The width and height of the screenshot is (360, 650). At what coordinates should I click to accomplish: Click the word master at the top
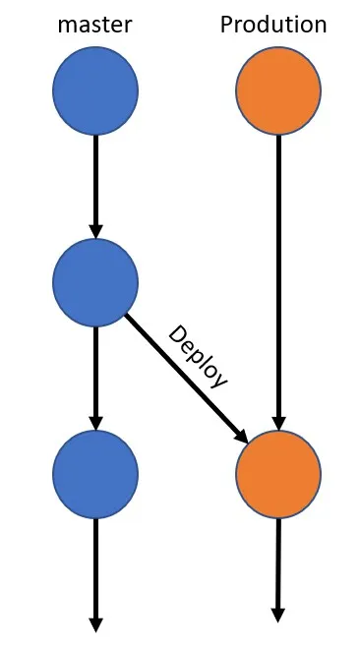tap(95, 25)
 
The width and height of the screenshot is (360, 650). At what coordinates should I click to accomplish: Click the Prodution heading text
tap(273, 25)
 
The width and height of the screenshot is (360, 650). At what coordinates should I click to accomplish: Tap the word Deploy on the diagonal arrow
tap(199, 356)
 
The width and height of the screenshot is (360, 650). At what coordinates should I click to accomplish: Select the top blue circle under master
tap(95, 91)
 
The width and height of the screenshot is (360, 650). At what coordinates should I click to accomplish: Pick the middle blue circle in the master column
tap(95, 283)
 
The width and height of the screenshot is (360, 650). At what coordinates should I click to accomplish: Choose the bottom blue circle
tap(95, 476)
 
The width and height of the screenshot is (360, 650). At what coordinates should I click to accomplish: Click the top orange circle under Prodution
tap(278, 91)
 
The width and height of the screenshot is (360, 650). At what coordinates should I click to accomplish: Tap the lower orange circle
tap(278, 476)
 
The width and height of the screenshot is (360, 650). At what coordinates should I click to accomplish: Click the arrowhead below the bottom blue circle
tap(95, 623)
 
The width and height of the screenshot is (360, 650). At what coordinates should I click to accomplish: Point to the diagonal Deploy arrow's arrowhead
tap(240, 434)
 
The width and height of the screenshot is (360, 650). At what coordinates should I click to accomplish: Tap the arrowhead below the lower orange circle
tap(278, 615)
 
